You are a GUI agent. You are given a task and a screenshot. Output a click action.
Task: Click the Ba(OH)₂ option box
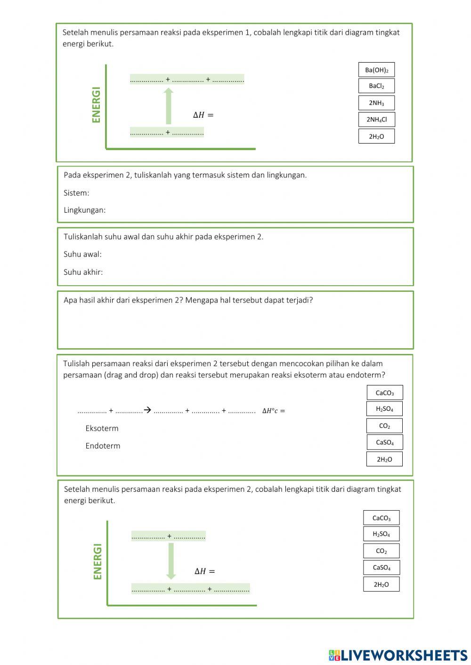376,70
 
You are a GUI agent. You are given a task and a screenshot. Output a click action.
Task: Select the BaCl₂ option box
376,86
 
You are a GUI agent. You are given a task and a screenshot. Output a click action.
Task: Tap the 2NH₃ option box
376,103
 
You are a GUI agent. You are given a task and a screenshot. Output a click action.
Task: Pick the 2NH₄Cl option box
376,120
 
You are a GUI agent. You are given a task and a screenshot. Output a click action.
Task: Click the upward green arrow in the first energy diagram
168,106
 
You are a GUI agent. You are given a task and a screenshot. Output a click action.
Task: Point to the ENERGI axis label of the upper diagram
97,104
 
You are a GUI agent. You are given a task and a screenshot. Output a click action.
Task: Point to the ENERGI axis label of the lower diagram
98,561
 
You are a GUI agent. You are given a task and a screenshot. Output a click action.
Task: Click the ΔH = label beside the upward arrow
203,115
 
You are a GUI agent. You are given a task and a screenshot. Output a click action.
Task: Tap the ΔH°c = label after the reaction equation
274,411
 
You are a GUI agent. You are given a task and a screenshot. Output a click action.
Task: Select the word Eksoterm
102,428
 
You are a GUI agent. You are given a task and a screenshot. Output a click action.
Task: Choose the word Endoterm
103,446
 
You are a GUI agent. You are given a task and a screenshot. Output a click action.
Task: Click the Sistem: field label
76,193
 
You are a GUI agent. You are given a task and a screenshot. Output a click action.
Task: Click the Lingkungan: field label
85,210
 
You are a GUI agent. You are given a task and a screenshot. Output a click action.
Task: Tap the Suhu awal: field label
82,254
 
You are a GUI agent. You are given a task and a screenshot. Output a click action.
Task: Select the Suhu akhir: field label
83,272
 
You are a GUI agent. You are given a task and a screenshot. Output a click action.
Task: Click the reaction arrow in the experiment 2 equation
147,410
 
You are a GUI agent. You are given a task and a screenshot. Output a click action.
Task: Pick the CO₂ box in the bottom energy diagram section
381,551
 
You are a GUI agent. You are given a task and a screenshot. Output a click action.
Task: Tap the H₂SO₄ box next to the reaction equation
384,409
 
